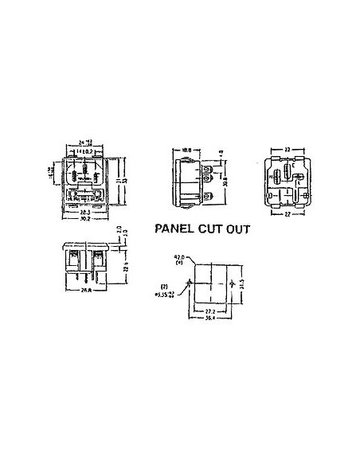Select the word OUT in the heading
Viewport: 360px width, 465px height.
click(237, 228)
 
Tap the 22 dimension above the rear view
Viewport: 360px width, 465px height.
click(284, 148)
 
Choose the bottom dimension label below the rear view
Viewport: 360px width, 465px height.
click(284, 214)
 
